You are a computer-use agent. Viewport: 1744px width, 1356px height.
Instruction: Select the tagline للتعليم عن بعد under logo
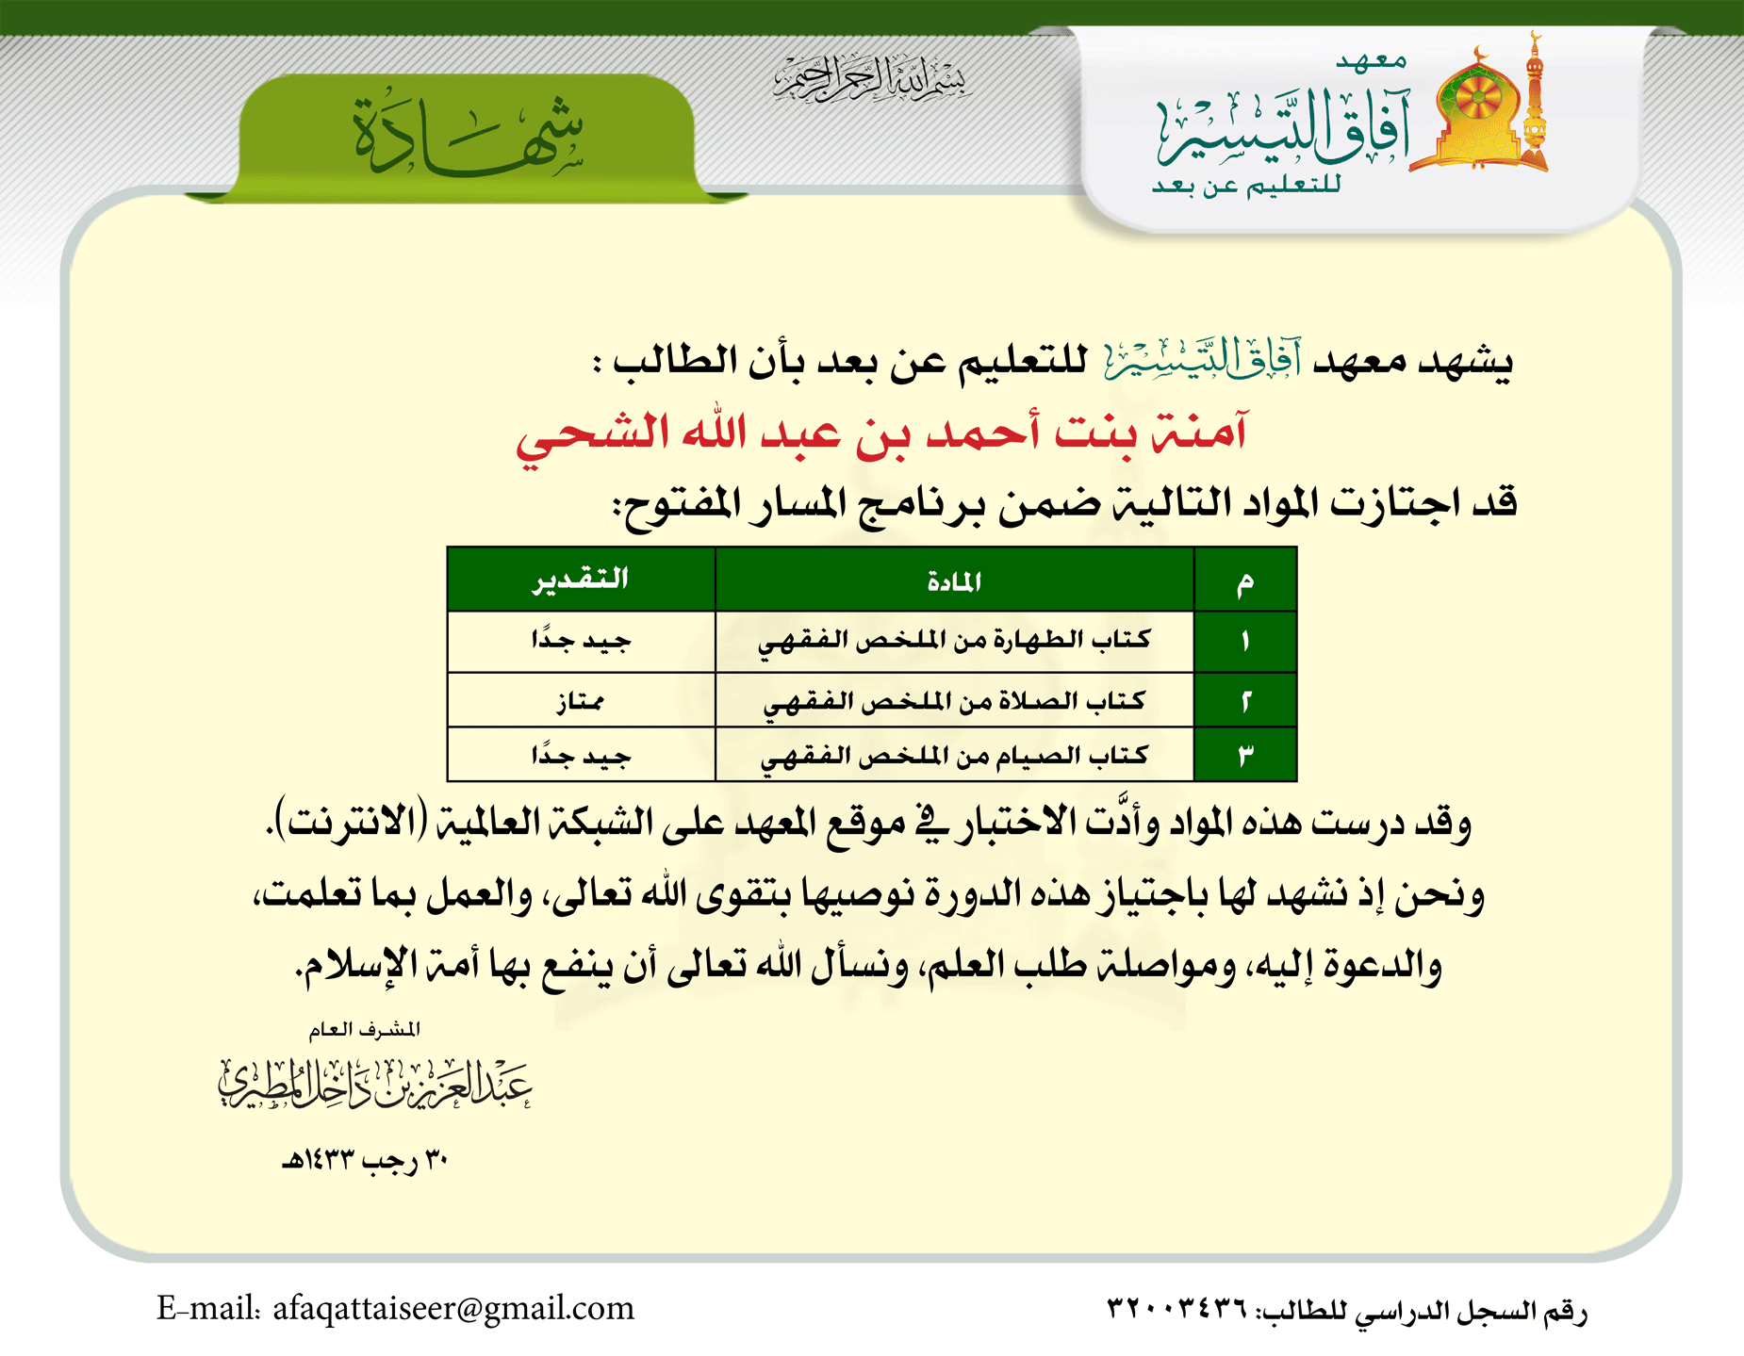(1246, 186)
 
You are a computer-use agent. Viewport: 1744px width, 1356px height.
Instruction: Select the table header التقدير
(581, 580)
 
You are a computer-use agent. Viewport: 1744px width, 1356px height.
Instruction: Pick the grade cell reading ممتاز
(581, 701)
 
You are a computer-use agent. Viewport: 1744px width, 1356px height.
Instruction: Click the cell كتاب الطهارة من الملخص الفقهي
(954, 641)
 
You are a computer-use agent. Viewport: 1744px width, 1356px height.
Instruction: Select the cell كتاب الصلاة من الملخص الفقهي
(954, 701)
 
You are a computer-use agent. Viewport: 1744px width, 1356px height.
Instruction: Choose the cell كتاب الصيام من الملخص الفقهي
(954, 756)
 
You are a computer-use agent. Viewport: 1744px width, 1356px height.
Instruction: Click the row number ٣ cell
(1245, 756)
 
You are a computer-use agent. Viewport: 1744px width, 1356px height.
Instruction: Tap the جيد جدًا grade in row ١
(581, 641)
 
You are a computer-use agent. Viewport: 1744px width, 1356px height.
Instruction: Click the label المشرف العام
(365, 1029)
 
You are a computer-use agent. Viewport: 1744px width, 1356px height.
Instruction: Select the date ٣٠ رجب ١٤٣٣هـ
(365, 1160)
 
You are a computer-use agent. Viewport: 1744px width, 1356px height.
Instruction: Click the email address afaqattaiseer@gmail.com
(453, 1308)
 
